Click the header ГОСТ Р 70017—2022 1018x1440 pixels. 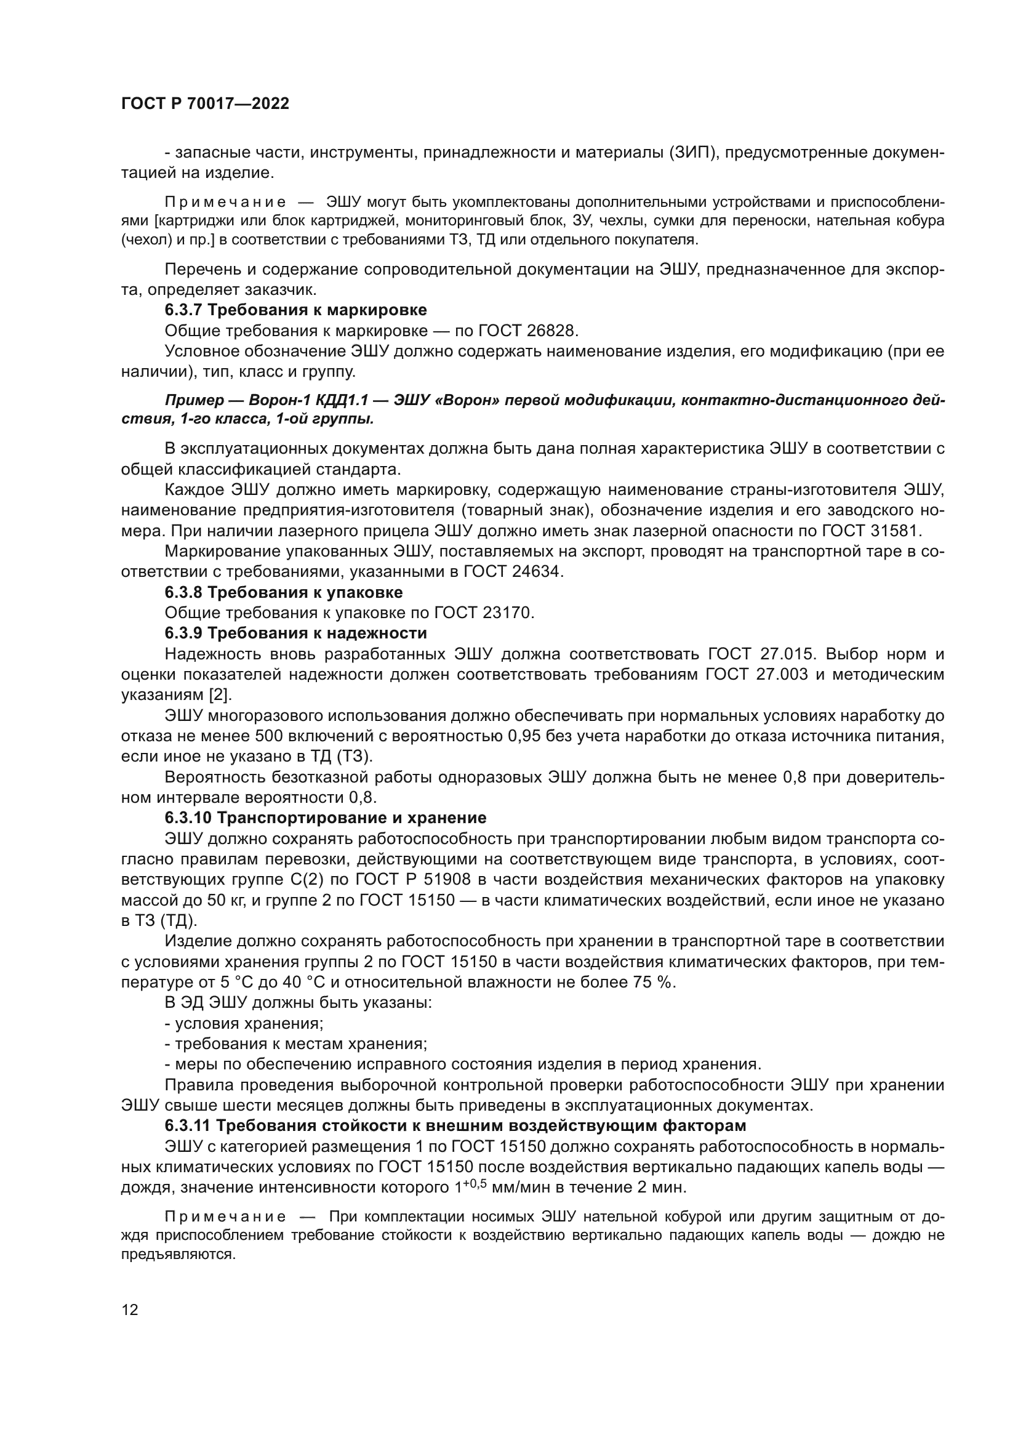[205, 104]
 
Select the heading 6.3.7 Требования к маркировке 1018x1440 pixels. [295, 310]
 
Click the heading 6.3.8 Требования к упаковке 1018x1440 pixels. [283, 592]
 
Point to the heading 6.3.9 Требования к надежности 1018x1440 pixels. [295, 633]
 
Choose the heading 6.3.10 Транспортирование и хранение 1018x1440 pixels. [326, 818]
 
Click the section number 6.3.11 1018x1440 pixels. [188, 1125]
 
